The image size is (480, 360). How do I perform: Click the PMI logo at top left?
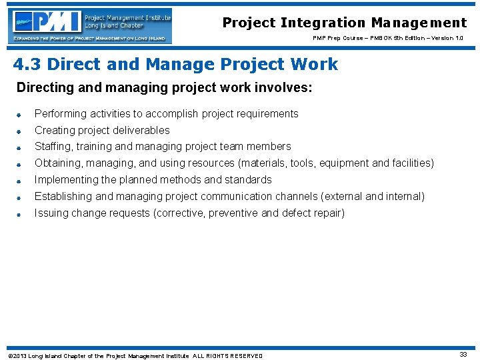pyautogui.click(x=91, y=25)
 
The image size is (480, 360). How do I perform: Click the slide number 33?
pyautogui.click(x=463, y=355)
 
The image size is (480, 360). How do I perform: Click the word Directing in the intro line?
pyautogui.click(x=41, y=88)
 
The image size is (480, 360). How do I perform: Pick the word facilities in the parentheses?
pyautogui.click(x=411, y=163)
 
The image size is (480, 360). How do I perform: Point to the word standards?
pyautogui.click(x=249, y=180)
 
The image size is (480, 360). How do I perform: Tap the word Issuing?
pyautogui.click(x=51, y=213)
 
